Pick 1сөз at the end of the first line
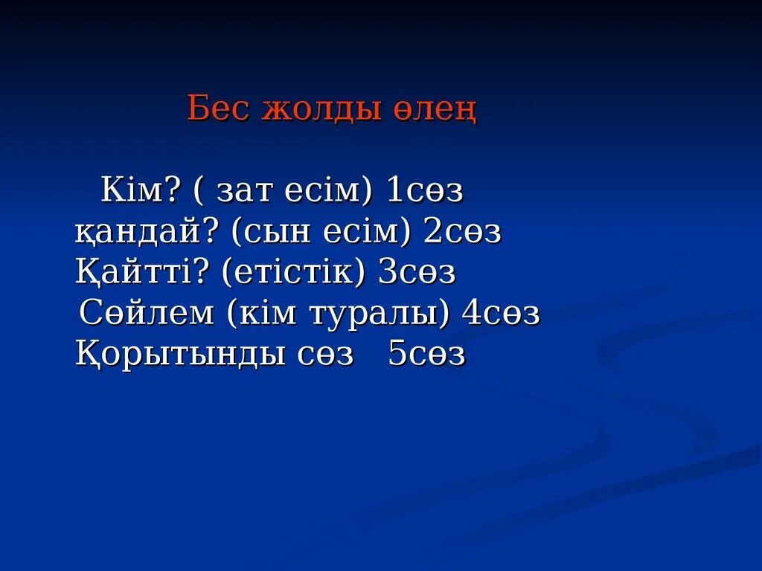tap(425, 192)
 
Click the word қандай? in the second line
tap(146, 233)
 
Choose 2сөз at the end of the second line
tap(462, 233)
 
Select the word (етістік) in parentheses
tap(293, 274)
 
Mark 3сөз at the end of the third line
tap(417, 274)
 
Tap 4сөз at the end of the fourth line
tap(501, 314)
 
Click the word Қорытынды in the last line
tap(178, 355)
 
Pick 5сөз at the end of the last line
tap(426, 355)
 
